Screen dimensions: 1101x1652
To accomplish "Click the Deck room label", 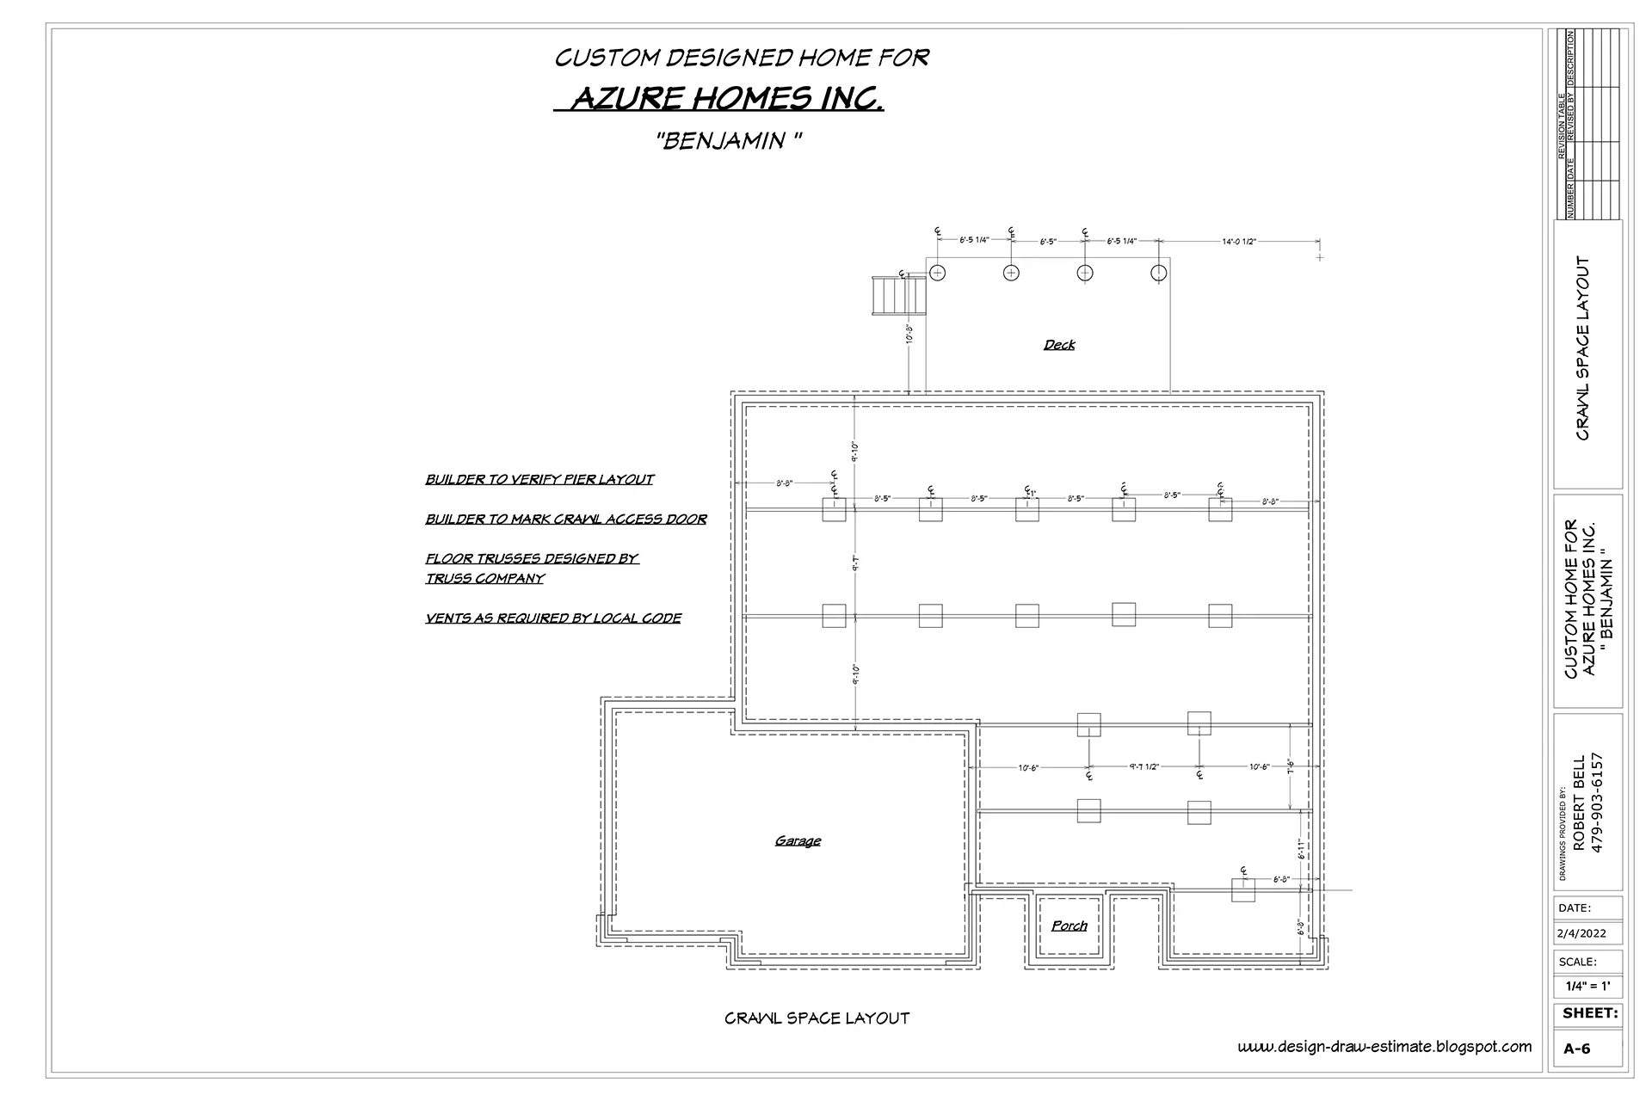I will point(1059,345).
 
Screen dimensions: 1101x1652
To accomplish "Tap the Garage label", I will point(798,840).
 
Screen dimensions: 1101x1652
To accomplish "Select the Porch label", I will point(1069,926).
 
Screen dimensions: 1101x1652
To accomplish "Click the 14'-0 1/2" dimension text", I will point(1239,242).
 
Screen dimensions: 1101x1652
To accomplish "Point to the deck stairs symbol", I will point(898,296).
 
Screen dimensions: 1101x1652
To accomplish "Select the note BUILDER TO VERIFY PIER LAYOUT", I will point(539,479).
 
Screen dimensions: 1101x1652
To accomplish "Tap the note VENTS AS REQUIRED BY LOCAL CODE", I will point(553,618).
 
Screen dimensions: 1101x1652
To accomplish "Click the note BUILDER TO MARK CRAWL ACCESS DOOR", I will point(566,519).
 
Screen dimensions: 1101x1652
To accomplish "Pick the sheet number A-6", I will point(1576,1049).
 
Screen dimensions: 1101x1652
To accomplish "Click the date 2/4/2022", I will point(1581,933).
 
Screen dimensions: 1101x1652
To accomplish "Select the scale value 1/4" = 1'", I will point(1587,987).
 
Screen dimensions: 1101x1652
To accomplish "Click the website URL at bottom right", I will point(1384,1047).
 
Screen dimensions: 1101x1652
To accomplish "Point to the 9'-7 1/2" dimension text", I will point(1144,766).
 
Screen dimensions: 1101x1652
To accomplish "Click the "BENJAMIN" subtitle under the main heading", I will point(730,141).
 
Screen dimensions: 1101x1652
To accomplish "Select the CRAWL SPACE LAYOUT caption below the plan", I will point(817,1018).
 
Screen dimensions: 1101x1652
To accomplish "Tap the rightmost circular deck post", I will point(1159,273).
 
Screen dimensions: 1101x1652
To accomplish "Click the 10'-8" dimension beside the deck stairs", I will point(909,334).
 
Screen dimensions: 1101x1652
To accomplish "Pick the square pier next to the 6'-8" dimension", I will point(1242,890).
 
